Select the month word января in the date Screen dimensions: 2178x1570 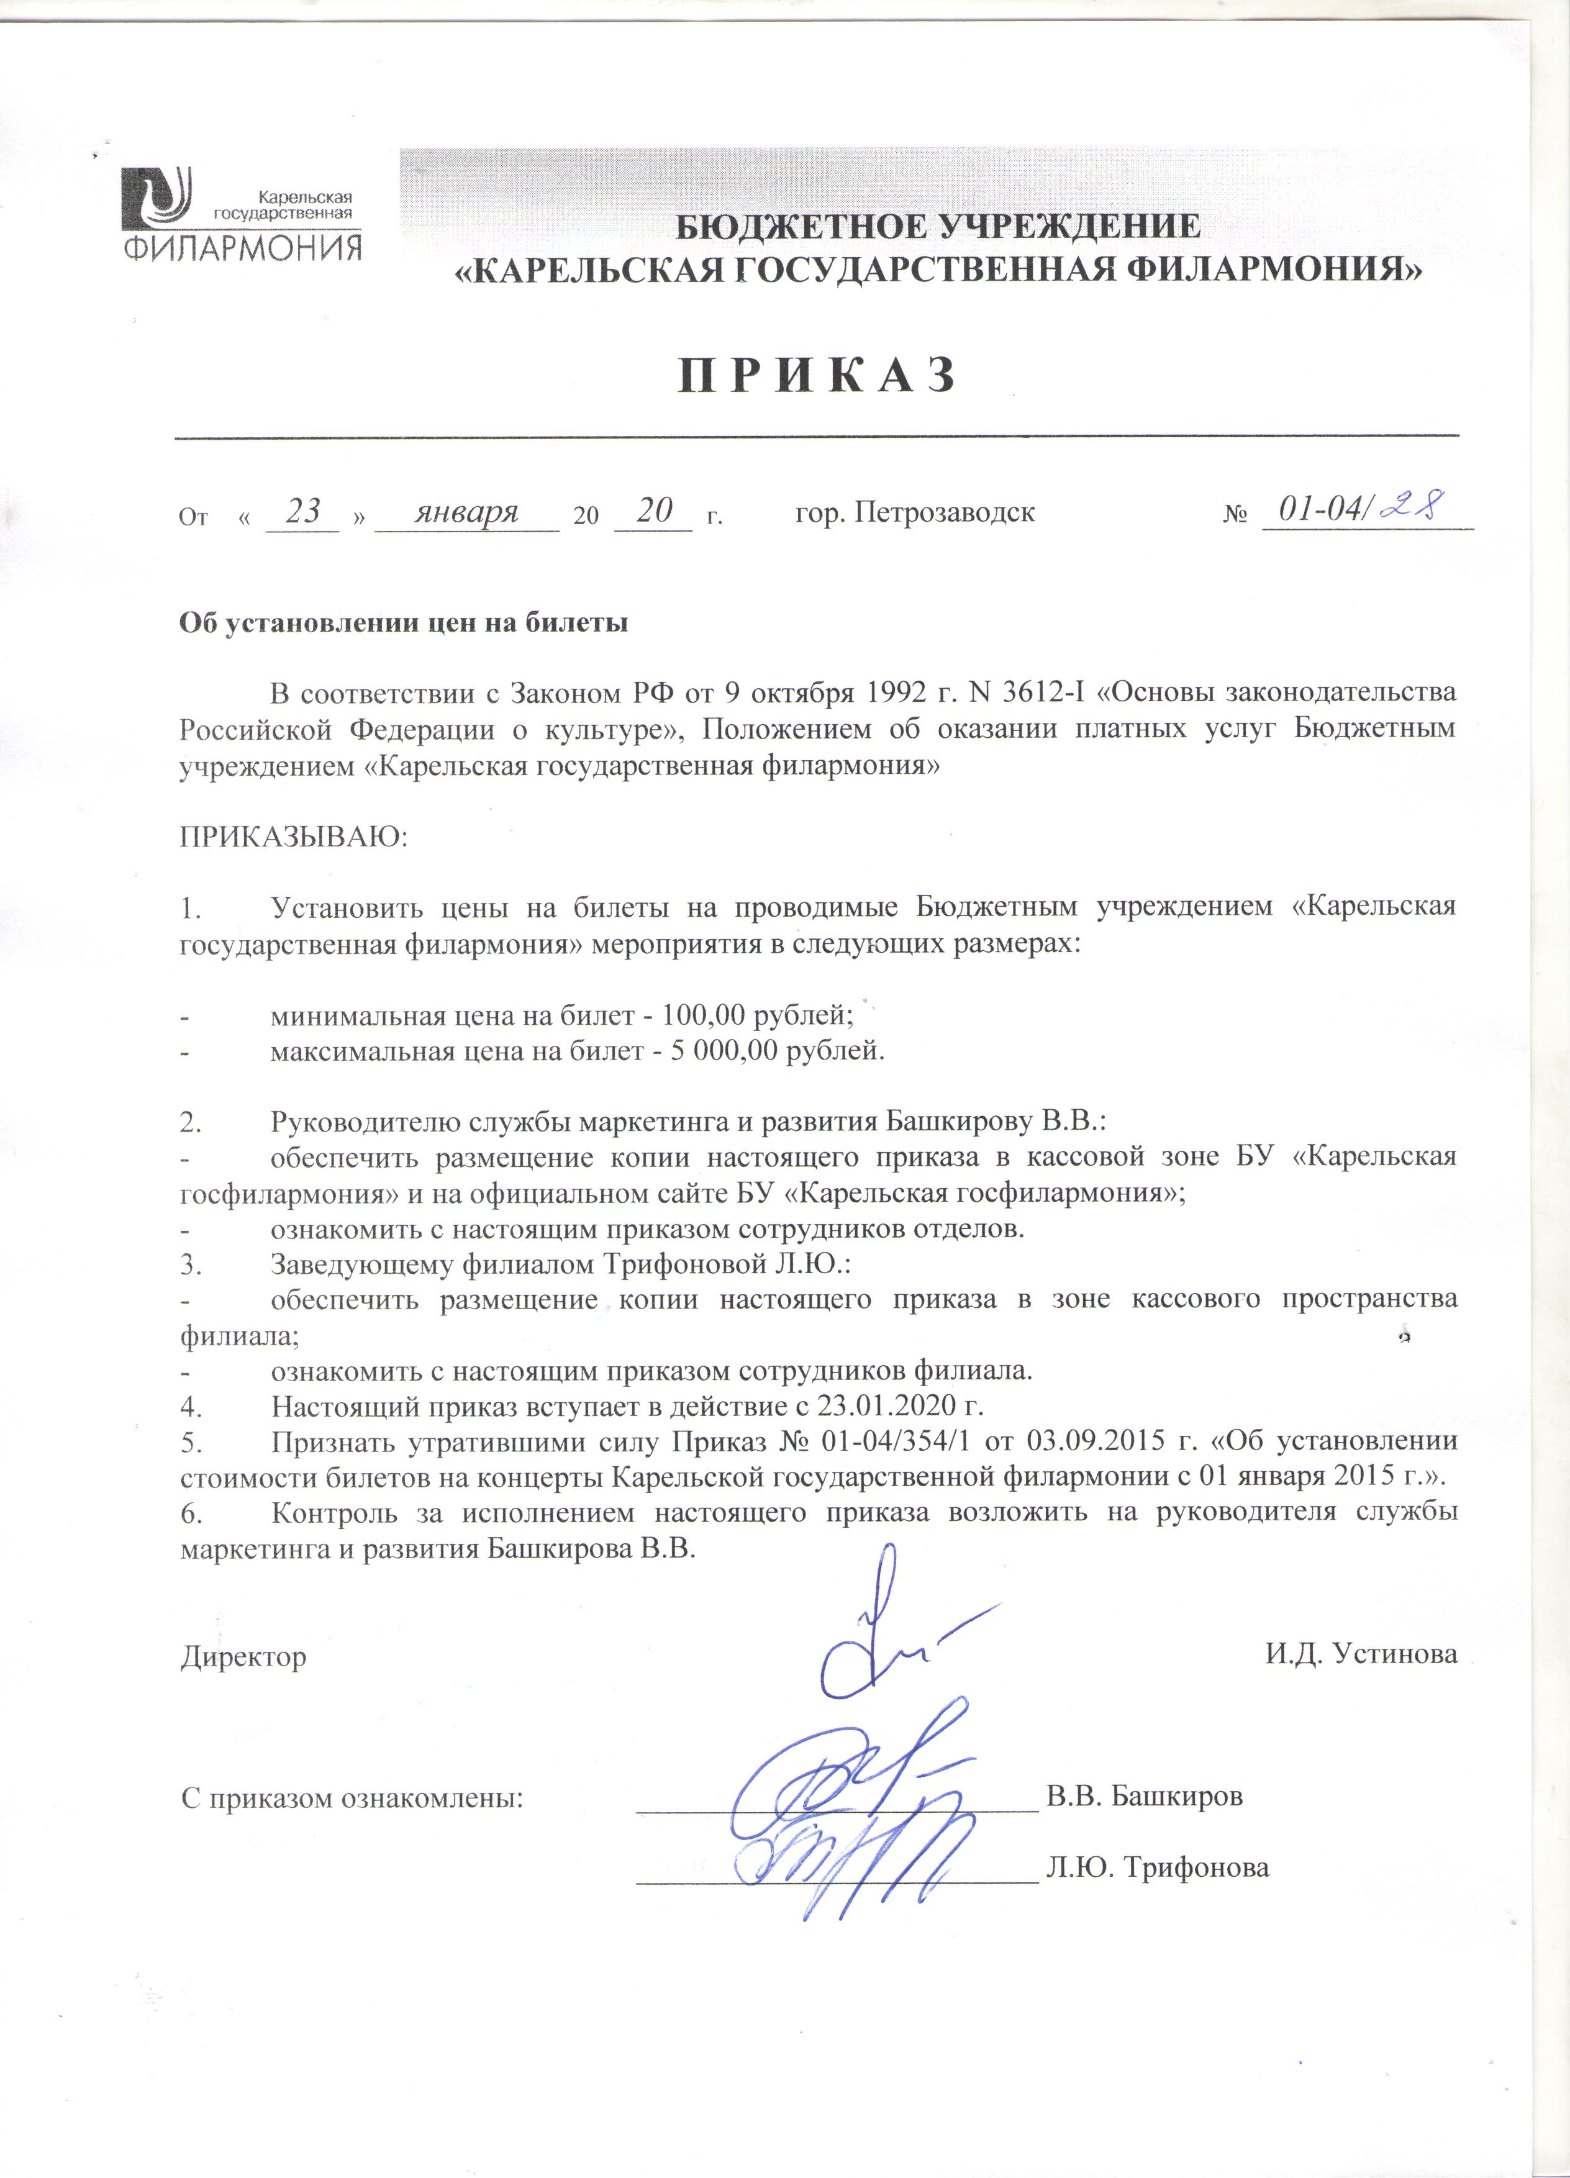tap(466, 512)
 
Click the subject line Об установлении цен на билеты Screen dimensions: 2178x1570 tap(404, 622)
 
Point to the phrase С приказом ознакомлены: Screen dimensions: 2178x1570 tap(352, 1797)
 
